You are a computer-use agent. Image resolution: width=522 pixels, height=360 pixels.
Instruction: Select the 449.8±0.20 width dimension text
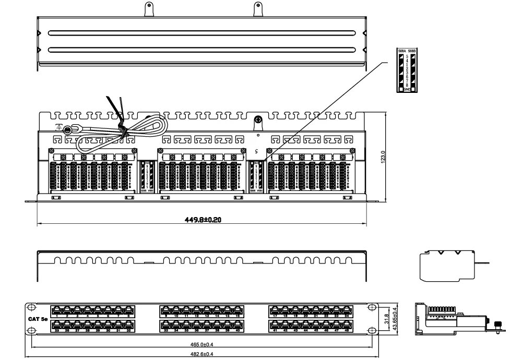coord(203,220)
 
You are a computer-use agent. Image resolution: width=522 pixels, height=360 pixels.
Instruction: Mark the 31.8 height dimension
coord(386,318)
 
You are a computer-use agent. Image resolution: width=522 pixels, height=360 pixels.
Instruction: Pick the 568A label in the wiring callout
coord(401,51)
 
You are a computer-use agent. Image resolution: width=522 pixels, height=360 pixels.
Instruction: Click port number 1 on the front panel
coord(56,316)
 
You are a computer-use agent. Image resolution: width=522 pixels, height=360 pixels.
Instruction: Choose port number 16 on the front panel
coord(238,316)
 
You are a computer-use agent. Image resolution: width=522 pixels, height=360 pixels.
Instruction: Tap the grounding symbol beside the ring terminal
coord(59,127)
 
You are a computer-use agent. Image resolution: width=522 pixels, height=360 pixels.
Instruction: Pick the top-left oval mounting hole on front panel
coord(32,307)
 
